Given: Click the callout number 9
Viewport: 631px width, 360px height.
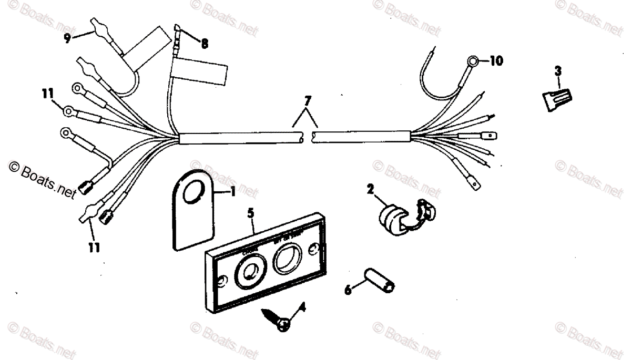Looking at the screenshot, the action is pos(67,38).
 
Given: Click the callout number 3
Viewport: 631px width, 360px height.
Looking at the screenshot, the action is pos(558,70).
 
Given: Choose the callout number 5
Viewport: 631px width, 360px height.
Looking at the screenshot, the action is pos(251,214).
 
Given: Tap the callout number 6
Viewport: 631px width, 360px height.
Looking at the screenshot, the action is pos(347,290).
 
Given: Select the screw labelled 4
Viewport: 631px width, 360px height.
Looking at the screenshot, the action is pos(279,321).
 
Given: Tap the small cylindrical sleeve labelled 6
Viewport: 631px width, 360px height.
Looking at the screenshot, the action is pos(379,279).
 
